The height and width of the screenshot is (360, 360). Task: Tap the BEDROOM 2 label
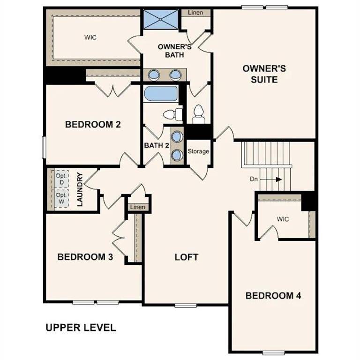point(93,125)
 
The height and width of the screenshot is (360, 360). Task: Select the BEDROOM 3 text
point(85,257)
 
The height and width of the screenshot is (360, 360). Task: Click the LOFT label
point(186,257)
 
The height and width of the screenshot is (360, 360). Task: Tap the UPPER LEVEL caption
point(81,327)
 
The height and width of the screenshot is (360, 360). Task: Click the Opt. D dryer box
point(61,179)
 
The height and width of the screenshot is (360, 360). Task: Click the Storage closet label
point(198,151)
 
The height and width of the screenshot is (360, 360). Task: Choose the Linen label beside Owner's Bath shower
point(195,13)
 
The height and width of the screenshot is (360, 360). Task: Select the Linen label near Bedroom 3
point(137,207)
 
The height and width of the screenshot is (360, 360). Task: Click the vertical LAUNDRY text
point(80,190)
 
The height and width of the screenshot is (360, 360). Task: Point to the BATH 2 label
point(157,145)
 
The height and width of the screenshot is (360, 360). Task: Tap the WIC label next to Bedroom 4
point(283,219)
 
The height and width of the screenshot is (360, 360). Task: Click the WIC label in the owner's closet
point(90,37)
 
